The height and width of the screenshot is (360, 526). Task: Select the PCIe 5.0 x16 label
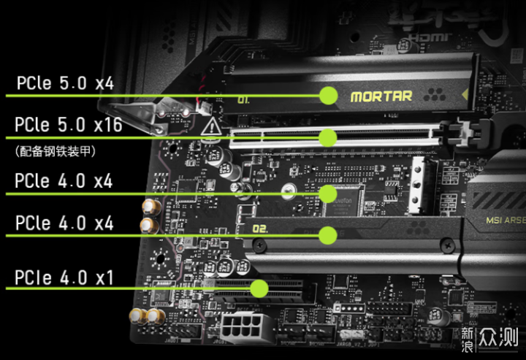pos(69,125)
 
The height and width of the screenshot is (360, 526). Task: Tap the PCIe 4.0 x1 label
pos(64,277)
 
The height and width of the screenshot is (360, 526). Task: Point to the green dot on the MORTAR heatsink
pos(329,94)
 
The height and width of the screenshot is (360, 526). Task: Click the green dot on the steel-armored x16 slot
pos(329,137)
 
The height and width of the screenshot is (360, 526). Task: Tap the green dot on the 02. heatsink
pos(329,234)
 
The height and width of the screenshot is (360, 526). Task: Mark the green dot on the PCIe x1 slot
pos(259,288)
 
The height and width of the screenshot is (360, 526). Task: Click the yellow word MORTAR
pos(381,96)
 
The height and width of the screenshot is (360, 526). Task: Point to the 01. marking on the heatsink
pos(243,99)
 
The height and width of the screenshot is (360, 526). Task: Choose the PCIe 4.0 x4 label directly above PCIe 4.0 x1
pos(64,223)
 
